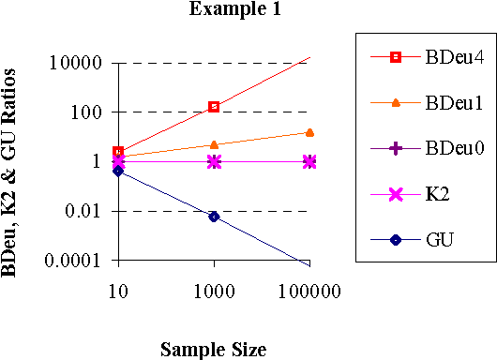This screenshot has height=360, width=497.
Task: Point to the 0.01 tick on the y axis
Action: (x=87, y=211)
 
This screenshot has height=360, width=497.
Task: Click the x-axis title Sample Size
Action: (x=213, y=349)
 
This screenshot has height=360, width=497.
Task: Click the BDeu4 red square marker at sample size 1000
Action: (x=214, y=107)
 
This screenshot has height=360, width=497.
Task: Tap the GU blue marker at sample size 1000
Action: (x=214, y=217)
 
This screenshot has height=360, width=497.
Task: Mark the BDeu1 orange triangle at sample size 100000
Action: (x=309, y=132)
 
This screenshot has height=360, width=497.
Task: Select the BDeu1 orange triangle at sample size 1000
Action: (x=214, y=144)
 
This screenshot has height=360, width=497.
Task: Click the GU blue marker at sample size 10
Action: (x=118, y=171)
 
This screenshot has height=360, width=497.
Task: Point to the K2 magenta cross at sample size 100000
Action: (x=309, y=161)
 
